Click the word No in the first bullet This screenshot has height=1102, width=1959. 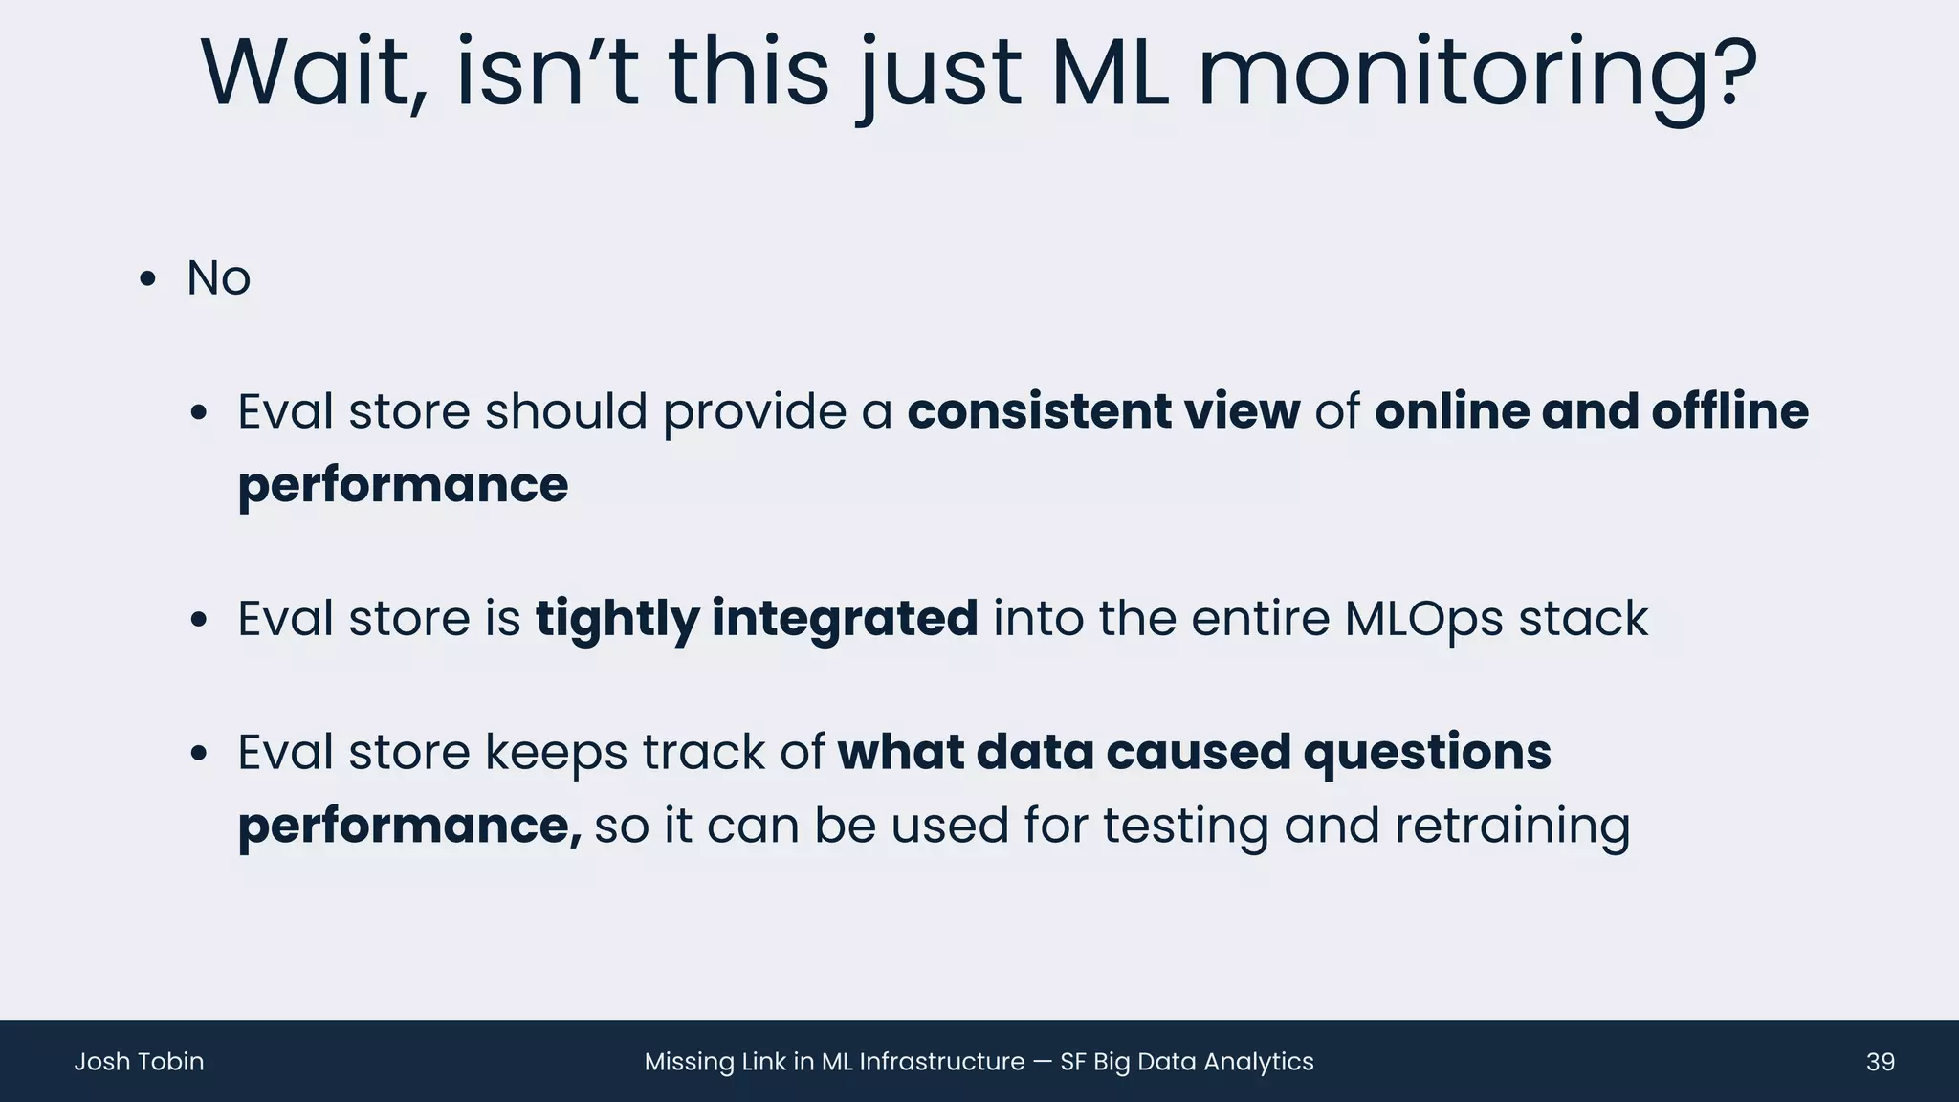(218, 278)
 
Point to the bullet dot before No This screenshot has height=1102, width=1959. (146, 280)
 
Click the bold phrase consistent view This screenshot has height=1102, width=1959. (1103, 412)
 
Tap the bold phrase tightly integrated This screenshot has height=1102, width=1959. (756, 619)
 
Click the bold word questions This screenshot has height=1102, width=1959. (1427, 753)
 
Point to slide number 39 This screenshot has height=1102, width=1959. (1880, 1062)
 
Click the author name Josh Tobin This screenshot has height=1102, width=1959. (139, 1062)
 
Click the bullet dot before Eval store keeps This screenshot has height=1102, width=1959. (198, 754)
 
